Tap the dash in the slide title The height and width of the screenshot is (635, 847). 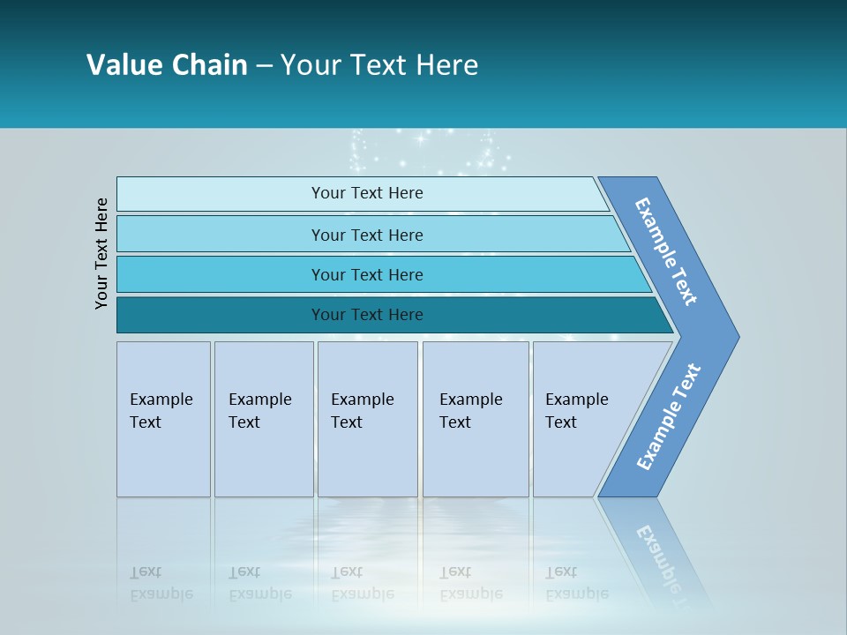click(x=264, y=66)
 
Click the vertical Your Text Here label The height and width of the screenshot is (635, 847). click(x=101, y=253)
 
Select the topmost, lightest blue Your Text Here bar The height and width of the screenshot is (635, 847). click(x=366, y=193)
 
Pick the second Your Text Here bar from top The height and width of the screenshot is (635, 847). click(x=366, y=235)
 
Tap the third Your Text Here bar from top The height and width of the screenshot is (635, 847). click(x=366, y=274)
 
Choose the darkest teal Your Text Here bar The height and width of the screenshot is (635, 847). click(x=366, y=315)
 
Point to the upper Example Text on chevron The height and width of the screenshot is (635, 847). click(x=666, y=251)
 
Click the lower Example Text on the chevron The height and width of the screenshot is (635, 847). click(x=669, y=417)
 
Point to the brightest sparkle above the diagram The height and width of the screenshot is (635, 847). click(x=421, y=138)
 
